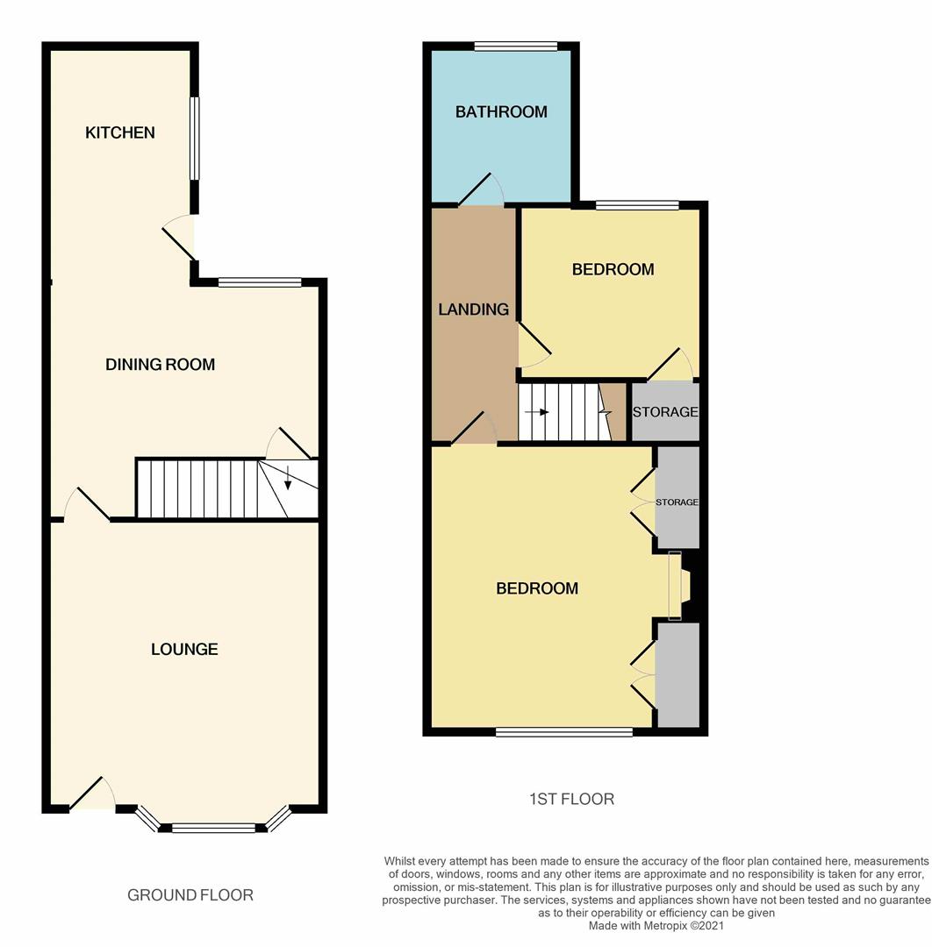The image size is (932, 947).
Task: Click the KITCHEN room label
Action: coord(119,132)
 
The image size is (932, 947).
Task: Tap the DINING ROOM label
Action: coord(161,364)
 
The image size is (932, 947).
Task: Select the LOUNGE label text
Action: coord(184,649)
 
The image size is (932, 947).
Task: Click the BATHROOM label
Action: coord(501,111)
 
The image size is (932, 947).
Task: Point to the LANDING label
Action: coord(473,310)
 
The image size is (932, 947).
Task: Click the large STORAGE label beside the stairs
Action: coord(665,412)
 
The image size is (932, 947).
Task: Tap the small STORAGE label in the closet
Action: coord(677,502)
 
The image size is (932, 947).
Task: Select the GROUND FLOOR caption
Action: coord(190,895)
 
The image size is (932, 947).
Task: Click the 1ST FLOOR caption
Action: coord(572,799)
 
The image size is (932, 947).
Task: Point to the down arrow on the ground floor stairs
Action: coord(288,477)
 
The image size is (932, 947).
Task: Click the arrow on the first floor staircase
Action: coord(537,412)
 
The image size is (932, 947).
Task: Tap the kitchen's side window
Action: coord(195,139)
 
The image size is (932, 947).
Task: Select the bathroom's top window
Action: coord(516,46)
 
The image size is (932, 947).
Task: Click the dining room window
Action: coord(260,282)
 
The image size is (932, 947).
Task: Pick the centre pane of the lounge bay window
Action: coord(214,828)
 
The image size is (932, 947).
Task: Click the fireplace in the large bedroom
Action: coord(679,585)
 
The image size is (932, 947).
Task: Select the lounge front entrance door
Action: coord(92,793)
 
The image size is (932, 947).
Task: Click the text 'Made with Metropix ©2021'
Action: coord(656,925)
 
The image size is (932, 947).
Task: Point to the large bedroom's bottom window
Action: coord(564,732)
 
